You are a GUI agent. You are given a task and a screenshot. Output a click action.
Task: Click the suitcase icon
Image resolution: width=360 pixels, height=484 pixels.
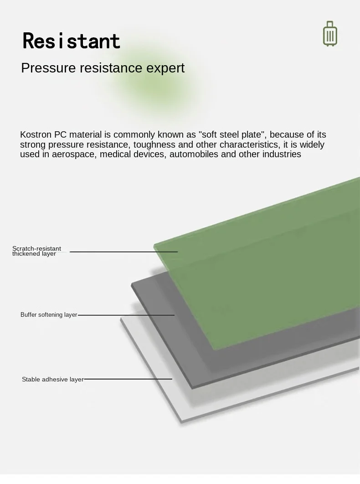click(x=330, y=34)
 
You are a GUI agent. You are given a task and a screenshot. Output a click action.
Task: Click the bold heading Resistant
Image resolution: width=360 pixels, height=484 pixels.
click(x=72, y=41)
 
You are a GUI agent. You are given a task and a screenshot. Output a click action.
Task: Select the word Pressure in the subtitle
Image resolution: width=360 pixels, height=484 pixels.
click(x=48, y=68)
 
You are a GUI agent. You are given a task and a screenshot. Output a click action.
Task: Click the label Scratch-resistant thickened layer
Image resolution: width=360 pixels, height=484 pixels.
click(x=36, y=251)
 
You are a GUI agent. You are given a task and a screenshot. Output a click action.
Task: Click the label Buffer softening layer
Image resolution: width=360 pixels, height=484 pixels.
click(x=49, y=315)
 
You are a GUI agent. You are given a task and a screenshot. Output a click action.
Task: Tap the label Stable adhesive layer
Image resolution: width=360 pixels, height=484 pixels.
click(x=52, y=379)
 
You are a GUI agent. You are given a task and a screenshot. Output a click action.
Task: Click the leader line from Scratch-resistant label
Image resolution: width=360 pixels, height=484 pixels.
click(x=124, y=252)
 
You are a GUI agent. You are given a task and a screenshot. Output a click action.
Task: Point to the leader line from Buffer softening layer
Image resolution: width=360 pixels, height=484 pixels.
click(x=126, y=315)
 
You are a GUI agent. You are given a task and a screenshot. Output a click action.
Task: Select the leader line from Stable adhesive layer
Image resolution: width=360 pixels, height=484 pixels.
click(x=128, y=379)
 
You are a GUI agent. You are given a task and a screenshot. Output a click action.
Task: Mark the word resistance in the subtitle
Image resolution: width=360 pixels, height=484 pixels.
click(x=111, y=68)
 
